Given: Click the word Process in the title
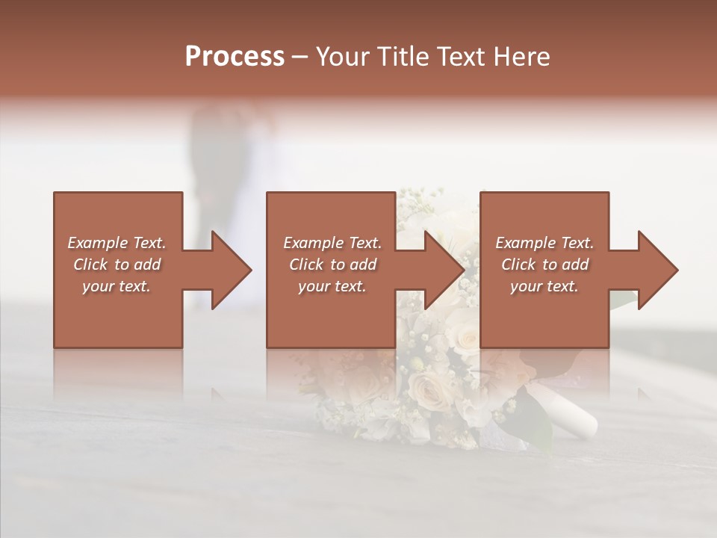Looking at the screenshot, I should coord(235,57).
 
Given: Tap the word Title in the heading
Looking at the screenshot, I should coord(403,57).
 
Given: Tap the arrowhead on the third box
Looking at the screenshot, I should coord(656,270).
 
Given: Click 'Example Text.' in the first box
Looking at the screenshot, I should coord(117,243).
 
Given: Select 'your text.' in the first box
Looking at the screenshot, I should coord(117,286).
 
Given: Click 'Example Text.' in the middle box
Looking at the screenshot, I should coord(332,243).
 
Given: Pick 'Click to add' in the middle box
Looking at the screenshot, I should coord(332,265).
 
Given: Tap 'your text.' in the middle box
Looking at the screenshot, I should coord(332,286).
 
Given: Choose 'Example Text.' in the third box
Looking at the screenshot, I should coord(544,243).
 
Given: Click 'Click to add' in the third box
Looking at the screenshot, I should coord(544,265).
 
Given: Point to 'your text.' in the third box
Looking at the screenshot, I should coord(544,286).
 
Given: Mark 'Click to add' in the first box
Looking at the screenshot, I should coord(117,265).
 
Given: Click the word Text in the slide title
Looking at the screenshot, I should coord(459,57).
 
